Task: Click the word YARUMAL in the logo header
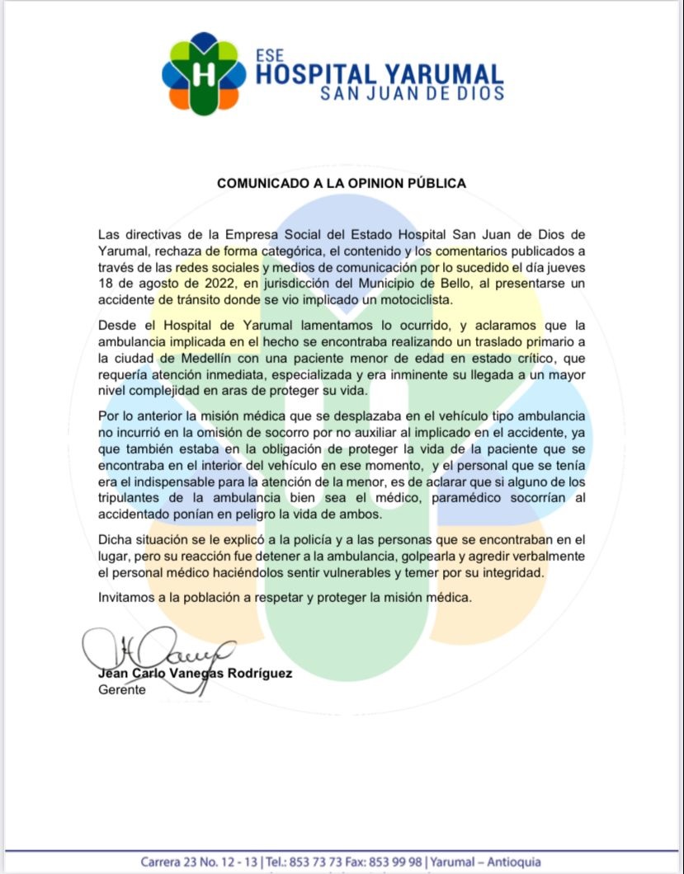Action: [438, 75]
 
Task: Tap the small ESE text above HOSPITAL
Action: [269, 56]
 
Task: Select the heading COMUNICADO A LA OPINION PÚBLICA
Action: [342, 183]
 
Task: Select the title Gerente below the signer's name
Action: [121, 689]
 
